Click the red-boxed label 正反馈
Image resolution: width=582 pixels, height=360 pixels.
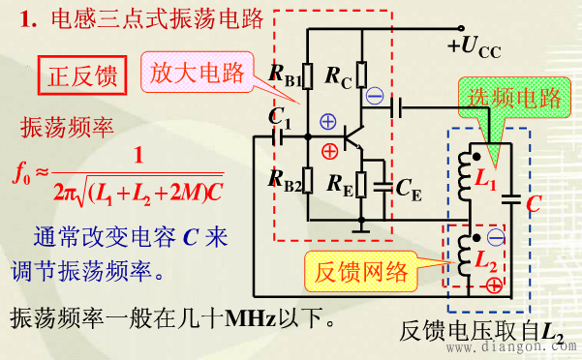click(x=81, y=75)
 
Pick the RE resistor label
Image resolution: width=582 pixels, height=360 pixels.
click(x=339, y=181)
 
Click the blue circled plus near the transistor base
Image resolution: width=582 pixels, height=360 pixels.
click(x=328, y=122)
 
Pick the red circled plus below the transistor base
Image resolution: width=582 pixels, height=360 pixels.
click(x=330, y=150)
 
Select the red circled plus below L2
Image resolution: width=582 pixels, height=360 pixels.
click(x=495, y=285)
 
